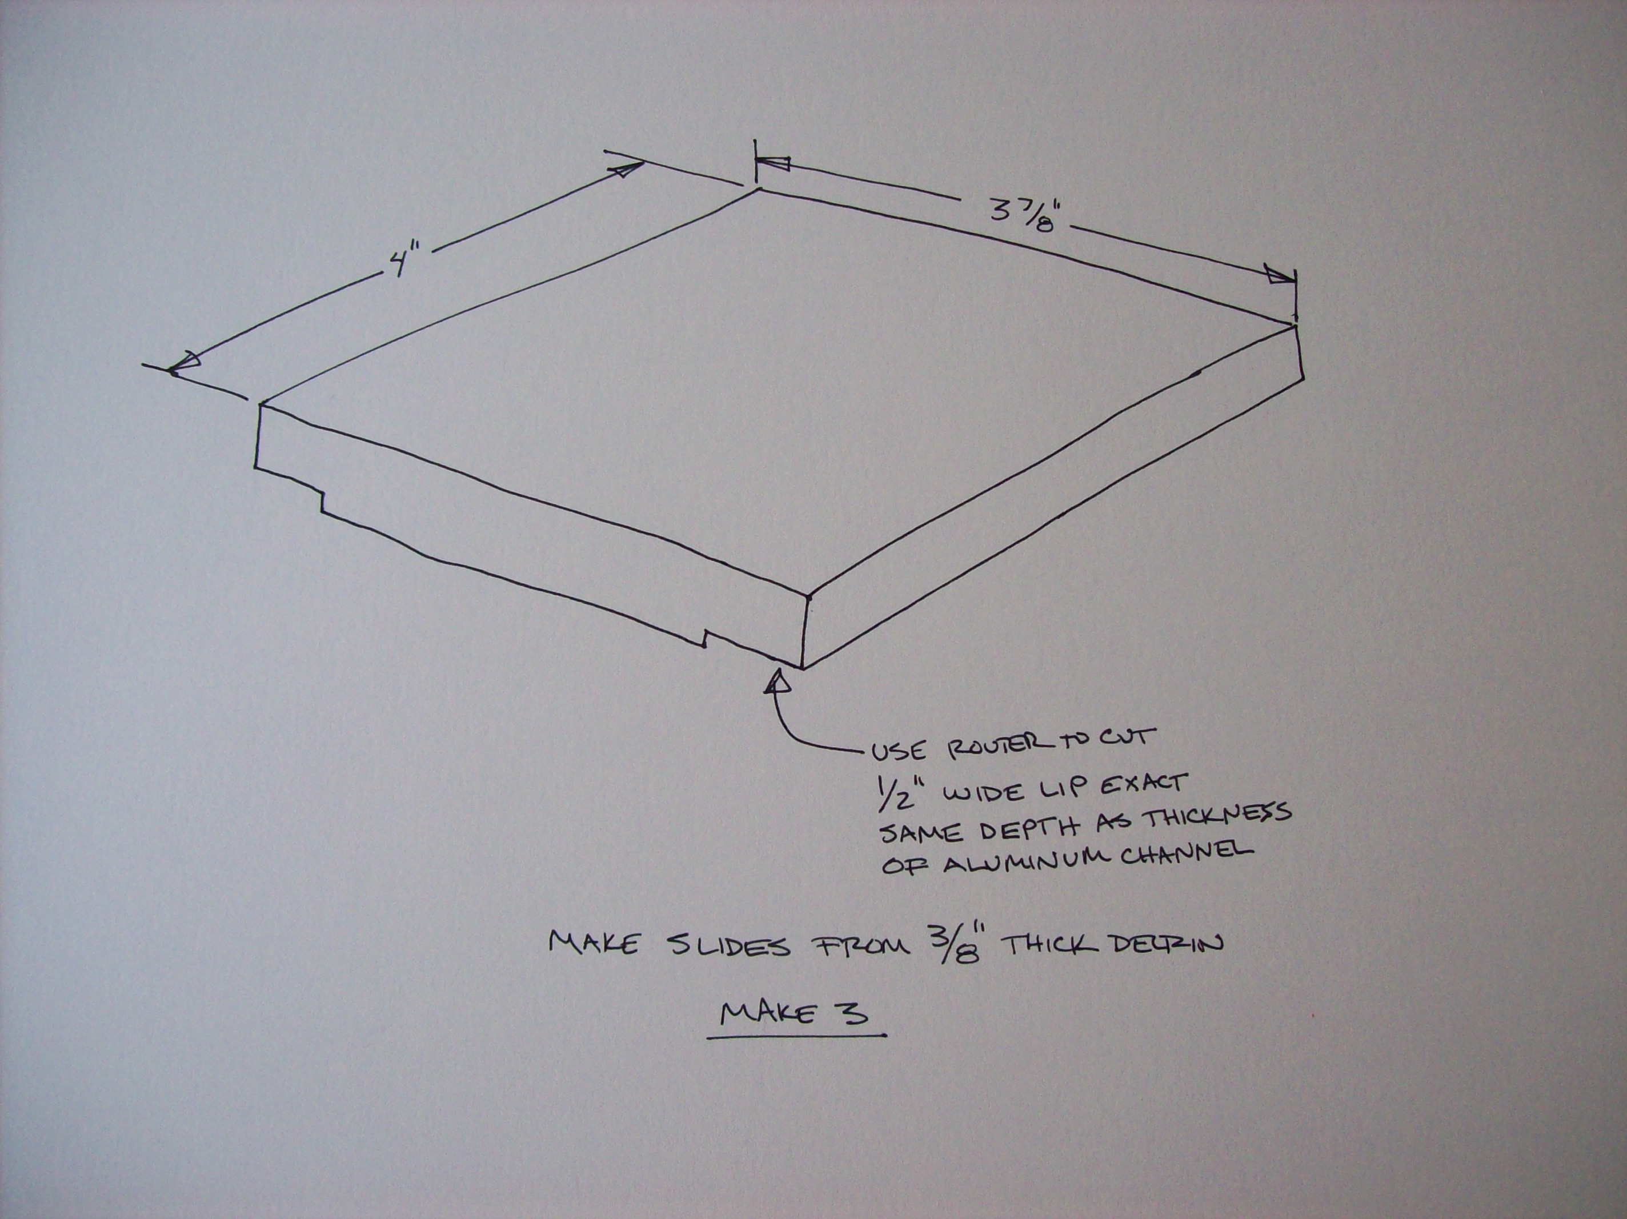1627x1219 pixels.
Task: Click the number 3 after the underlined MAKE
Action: click(855, 1013)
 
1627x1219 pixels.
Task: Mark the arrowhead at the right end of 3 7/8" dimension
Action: click(1279, 274)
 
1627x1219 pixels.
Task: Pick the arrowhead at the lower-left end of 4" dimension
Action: click(184, 363)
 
